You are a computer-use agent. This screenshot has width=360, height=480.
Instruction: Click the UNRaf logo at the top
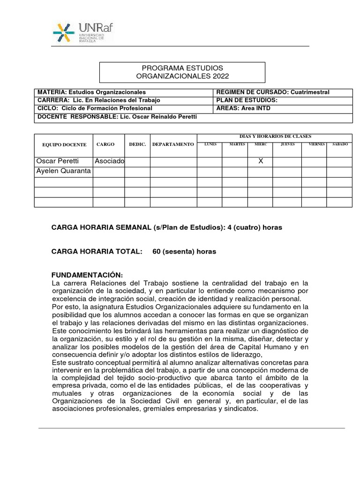point(82,31)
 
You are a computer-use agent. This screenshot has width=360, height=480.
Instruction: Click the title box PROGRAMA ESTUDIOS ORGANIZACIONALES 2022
point(182,72)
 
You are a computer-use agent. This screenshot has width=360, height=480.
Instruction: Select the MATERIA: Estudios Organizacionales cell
point(124,92)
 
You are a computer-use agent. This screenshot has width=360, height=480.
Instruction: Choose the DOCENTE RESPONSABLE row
point(193,117)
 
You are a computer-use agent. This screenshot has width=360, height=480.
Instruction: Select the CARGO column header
point(105,144)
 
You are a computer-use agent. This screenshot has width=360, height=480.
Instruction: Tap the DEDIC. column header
point(137,144)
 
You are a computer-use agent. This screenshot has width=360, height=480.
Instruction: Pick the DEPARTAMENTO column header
point(173,144)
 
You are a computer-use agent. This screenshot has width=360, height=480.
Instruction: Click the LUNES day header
point(210,144)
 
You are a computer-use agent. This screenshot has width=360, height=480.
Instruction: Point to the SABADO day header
point(340,144)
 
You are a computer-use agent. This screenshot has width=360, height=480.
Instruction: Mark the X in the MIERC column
point(261,161)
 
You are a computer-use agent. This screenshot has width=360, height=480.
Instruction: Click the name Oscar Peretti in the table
point(58,161)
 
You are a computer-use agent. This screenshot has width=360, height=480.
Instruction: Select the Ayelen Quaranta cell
point(63,171)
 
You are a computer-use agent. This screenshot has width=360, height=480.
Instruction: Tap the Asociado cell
point(109,161)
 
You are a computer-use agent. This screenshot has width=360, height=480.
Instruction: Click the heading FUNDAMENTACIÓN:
point(87,275)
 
